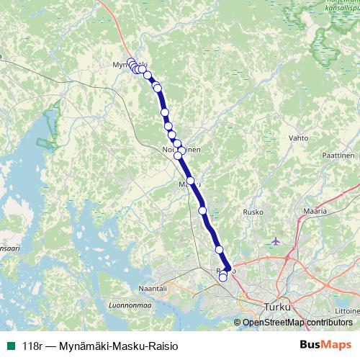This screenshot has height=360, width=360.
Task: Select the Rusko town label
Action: pyautogui.click(x=252, y=212)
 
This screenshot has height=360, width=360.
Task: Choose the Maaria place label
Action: pyautogui.click(x=315, y=212)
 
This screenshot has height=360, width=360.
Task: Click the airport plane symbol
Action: pyautogui.click(x=276, y=240)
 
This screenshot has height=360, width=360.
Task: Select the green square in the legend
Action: pyautogui.click(x=10, y=345)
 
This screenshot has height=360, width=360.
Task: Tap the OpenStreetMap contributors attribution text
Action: pyautogui.click(x=297, y=322)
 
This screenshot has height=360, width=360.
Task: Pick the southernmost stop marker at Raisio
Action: pyautogui.click(x=222, y=278)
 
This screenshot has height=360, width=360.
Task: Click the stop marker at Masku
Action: pyautogui.click(x=191, y=181)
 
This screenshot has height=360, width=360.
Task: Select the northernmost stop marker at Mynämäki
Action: pyautogui.click(x=131, y=62)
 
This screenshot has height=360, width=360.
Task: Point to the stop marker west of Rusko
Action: pyautogui.click(x=202, y=210)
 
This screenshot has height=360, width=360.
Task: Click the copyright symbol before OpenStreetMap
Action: pyautogui.click(x=238, y=323)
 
